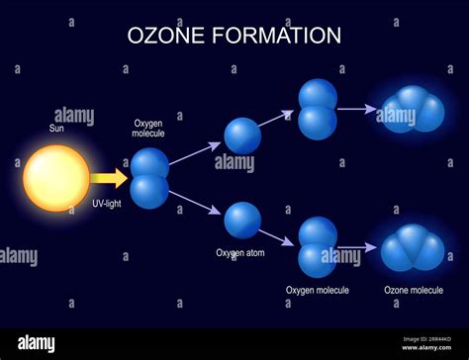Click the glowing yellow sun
click(56, 178)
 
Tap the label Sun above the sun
click(57, 128)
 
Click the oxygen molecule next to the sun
click(149, 177)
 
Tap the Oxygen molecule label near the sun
click(150, 129)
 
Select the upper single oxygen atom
click(242, 135)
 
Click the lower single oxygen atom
click(242, 220)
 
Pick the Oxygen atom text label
click(242, 252)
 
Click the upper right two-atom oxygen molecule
click(318, 109)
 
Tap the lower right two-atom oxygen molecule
click(318, 247)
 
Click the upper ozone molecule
click(413, 110)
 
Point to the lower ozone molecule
click(413, 247)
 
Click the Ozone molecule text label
click(414, 290)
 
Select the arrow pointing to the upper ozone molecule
click(357, 109)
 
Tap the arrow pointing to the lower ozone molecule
click(357, 247)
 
